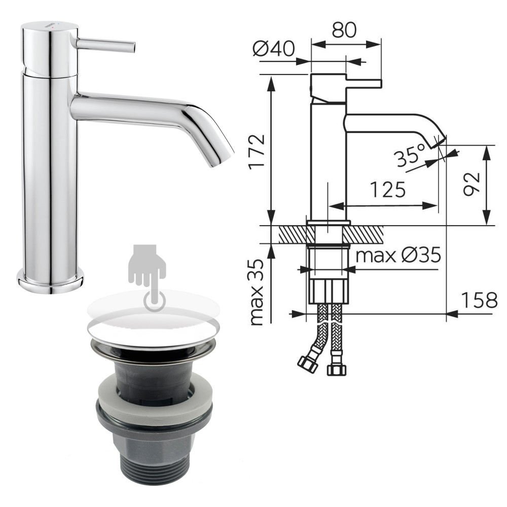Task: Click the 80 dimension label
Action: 344,30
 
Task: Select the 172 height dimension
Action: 257,151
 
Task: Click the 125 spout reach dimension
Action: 387,190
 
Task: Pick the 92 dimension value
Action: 471,185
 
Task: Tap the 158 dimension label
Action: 479,300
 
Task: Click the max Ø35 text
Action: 399,256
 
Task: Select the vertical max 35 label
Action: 258,292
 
